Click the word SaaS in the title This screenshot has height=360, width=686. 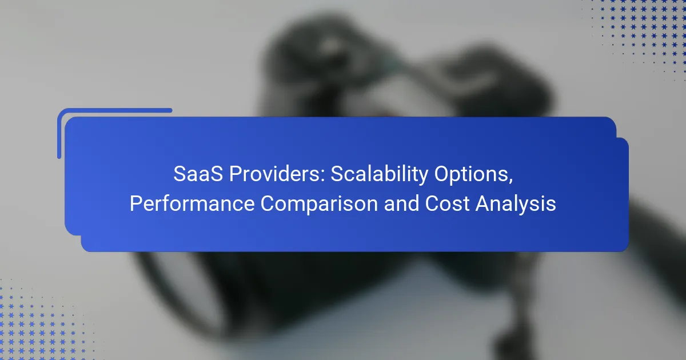[198, 174]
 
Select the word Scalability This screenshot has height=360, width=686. [380, 174]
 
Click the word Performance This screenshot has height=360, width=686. [192, 203]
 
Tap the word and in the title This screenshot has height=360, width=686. [401, 203]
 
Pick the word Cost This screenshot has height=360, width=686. [447, 203]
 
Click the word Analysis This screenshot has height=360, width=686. [516, 204]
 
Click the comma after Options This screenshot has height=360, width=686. [510, 181]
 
